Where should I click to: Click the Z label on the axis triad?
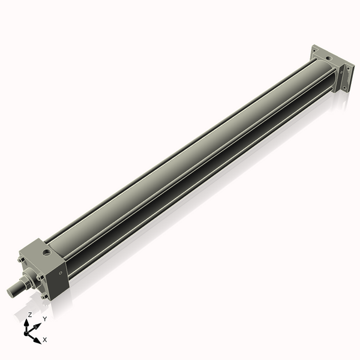pyautogui.click(x=30, y=314)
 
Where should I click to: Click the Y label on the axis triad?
pyautogui.click(x=44, y=319)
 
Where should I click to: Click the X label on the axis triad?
pyautogui.click(x=45, y=340)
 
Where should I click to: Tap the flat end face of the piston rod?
pyautogui.click(x=10, y=292)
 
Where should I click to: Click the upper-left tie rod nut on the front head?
pyautogui.click(x=22, y=259)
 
